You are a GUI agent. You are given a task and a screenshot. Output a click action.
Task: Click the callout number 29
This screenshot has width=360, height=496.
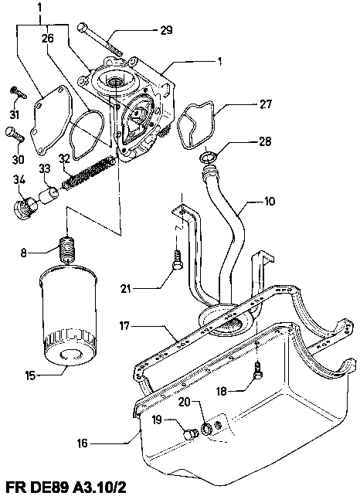click(166, 30)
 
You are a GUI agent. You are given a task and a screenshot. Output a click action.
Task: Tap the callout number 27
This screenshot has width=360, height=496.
click(265, 104)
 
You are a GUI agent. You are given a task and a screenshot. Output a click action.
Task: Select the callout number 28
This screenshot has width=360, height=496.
click(265, 141)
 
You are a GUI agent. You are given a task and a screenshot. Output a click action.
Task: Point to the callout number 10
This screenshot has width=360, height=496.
click(269, 201)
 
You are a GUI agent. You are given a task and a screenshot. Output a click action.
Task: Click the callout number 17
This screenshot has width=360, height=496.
click(125, 325)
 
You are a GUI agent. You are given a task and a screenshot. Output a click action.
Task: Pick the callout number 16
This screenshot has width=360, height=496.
click(82, 443)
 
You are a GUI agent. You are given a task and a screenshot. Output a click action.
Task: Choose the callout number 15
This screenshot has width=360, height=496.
click(31, 376)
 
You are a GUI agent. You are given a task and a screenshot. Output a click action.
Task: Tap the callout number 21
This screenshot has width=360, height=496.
click(126, 288)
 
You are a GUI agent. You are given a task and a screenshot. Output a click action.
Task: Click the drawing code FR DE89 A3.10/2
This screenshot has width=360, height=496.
click(66, 488)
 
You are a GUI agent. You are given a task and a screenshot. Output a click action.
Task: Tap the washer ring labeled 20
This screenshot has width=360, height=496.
click(207, 429)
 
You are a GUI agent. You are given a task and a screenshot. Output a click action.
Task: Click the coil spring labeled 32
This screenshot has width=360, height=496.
click(88, 173)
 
